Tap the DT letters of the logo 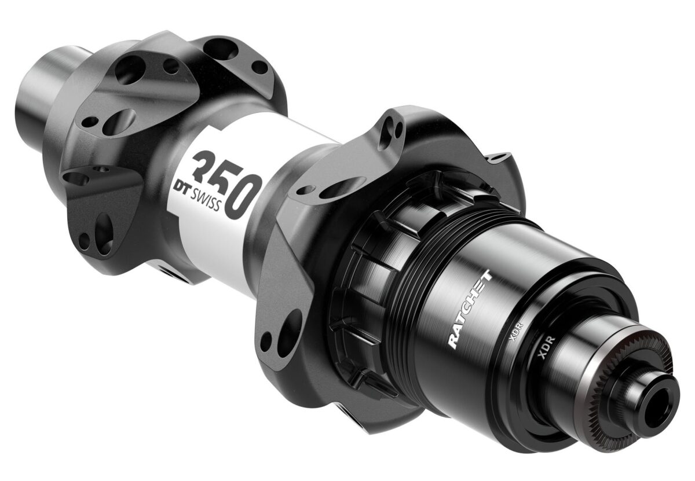(x=181, y=188)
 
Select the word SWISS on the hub (x=206, y=201)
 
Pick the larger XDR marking (x=546, y=348)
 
